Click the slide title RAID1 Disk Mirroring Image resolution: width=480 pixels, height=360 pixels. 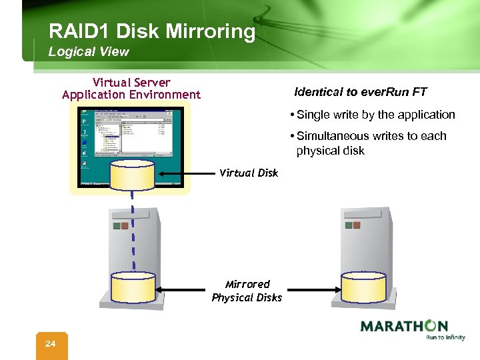(x=151, y=31)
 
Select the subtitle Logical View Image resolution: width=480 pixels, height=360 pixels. (x=89, y=51)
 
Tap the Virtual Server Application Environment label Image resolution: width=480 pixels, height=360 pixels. (x=131, y=89)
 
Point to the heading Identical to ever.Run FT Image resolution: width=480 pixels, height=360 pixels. (x=361, y=92)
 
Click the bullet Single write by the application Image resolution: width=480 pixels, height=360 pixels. (x=375, y=115)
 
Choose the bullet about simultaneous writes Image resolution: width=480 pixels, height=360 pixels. (x=371, y=143)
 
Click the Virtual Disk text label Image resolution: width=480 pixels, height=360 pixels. (x=249, y=173)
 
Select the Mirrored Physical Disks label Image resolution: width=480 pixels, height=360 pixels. (x=247, y=291)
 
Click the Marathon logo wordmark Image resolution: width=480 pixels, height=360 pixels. (x=403, y=326)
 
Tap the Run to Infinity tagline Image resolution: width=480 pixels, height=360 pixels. (x=445, y=338)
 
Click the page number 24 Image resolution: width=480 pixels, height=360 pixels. (x=51, y=344)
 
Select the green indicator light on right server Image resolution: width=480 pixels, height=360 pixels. (x=347, y=225)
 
